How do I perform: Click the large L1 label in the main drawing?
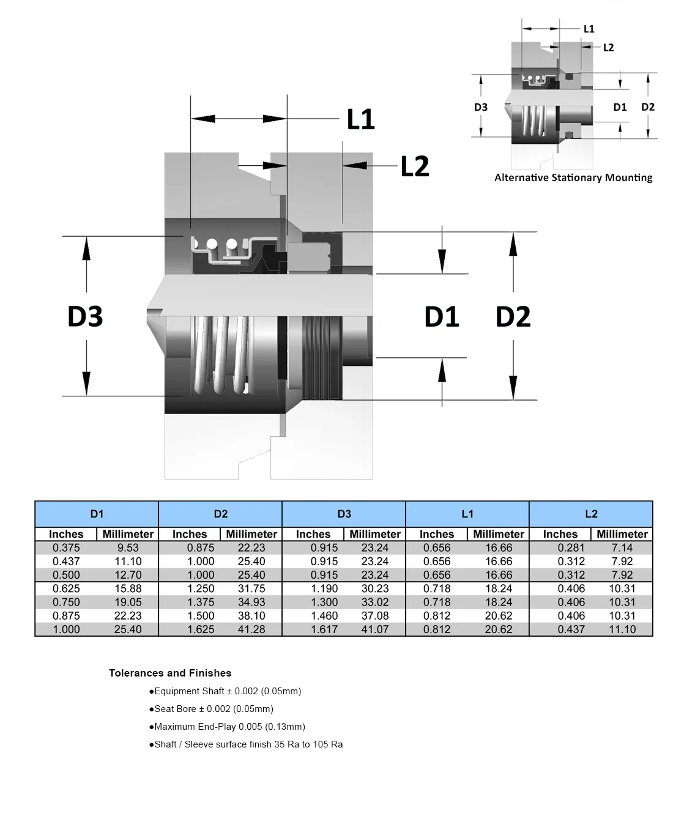(360, 119)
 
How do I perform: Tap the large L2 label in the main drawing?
(415, 166)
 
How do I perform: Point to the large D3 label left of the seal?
(85, 316)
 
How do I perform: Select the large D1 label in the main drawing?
(442, 316)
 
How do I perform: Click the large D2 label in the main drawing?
(513, 316)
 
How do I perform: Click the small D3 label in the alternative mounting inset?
(481, 107)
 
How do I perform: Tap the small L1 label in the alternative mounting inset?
(589, 29)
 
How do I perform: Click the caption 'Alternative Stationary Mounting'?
(573, 177)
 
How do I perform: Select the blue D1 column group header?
(97, 514)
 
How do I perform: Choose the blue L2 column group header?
(591, 514)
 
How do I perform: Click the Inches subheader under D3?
(313, 534)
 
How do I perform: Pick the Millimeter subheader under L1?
(499, 534)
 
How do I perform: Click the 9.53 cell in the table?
(128, 548)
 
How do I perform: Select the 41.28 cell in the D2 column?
(251, 629)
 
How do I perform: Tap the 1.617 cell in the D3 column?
(324, 629)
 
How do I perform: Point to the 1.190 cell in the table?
(324, 588)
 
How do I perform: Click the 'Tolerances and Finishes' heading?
(170, 673)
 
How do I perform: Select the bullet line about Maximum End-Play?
(227, 727)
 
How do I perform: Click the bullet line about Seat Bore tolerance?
(211, 709)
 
